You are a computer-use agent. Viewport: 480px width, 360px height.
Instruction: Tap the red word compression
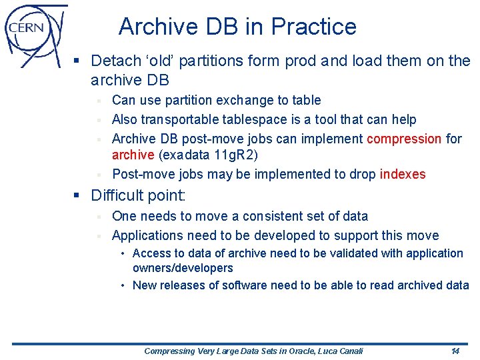click(x=404, y=139)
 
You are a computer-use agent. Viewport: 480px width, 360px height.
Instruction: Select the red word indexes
click(x=403, y=174)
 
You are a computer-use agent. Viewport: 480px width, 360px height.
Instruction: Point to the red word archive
click(x=133, y=155)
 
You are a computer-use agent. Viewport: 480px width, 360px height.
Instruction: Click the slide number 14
click(x=455, y=351)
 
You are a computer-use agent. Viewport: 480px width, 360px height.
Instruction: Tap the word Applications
click(x=147, y=235)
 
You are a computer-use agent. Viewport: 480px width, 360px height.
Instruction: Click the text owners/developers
click(x=183, y=268)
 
